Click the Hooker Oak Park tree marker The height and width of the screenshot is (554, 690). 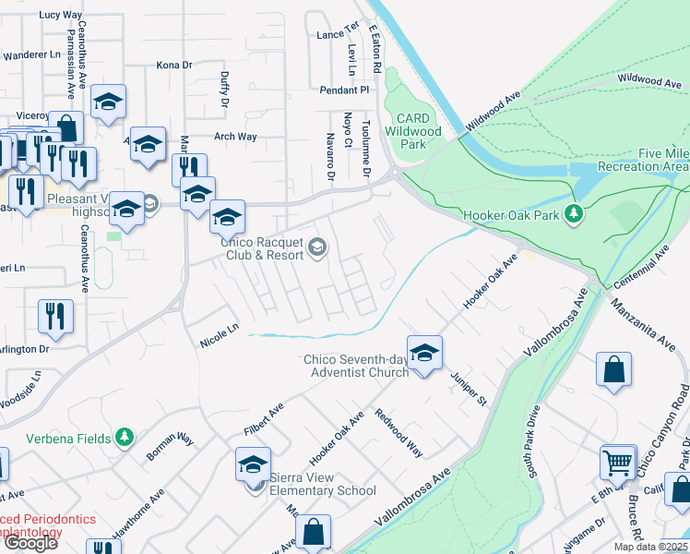click(x=575, y=214)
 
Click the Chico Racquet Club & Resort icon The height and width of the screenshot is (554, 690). click(x=317, y=246)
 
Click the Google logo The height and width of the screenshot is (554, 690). click(x=30, y=543)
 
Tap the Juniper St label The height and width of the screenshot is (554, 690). click(x=469, y=388)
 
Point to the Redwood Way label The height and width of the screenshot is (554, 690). click(x=399, y=433)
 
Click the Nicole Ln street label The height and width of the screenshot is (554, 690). click(x=220, y=334)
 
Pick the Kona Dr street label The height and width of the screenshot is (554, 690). click(x=173, y=66)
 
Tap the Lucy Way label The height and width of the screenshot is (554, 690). click(x=61, y=15)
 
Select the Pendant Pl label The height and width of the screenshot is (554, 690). click(x=344, y=90)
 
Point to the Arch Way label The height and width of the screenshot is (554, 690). click(x=235, y=137)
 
